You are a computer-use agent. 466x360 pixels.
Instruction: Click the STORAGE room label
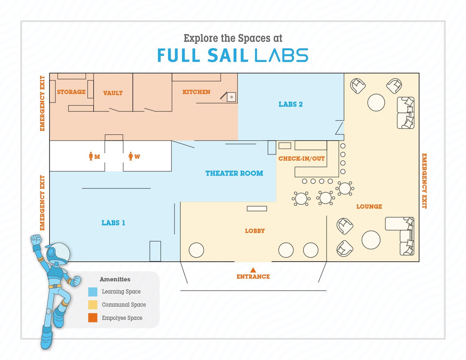(71, 92)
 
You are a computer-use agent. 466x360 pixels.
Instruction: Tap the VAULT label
(113, 93)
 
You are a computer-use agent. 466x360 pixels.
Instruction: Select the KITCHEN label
(196, 92)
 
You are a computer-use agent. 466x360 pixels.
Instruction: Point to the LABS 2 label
(290, 104)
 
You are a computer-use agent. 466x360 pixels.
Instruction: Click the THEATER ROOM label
(234, 173)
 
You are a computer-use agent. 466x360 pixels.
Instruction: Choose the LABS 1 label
(113, 223)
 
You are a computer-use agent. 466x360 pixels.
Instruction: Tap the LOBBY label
(255, 231)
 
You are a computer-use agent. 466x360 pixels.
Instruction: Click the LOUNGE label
(369, 207)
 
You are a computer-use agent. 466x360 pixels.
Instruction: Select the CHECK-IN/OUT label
(302, 159)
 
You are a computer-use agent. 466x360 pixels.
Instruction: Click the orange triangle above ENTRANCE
(253, 270)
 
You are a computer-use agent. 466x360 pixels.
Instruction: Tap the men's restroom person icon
(91, 156)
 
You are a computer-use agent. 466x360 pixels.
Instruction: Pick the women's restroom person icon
(131, 156)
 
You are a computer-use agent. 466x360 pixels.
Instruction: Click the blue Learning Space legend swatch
(93, 292)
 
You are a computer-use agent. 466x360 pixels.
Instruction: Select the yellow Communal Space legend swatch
(93, 305)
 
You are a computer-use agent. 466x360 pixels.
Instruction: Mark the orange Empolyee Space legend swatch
(93, 318)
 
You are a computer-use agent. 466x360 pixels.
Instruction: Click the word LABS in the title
(281, 55)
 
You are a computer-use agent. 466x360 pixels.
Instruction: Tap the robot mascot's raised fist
(36, 239)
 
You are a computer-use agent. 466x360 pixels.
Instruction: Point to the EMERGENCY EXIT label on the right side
(424, 181)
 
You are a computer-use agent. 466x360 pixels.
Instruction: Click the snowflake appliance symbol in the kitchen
(231, 97)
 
